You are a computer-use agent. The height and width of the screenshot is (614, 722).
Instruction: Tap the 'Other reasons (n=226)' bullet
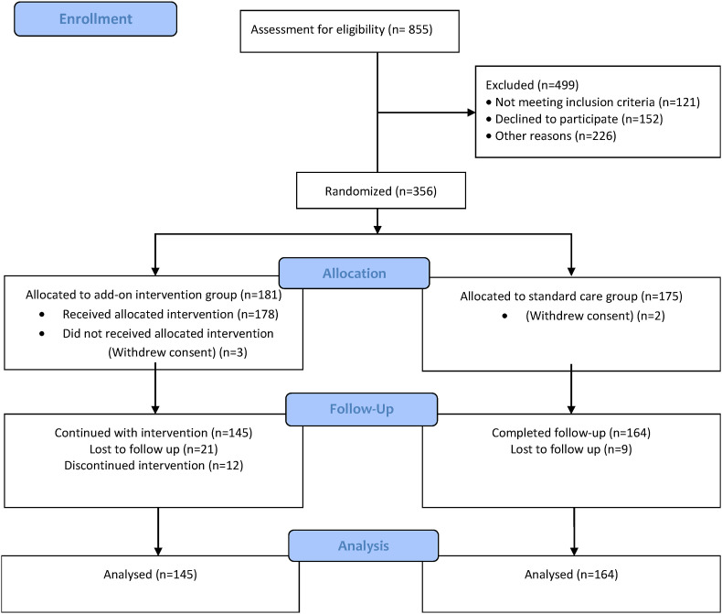point(557,136)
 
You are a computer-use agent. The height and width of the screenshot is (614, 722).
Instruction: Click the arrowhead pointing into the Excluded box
point(470,114)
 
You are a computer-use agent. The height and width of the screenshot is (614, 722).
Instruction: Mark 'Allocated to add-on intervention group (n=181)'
point(154,296)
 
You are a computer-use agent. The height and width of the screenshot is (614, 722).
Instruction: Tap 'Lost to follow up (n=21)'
point(152,449)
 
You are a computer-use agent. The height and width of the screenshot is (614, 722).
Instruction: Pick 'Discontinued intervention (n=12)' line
point(152,466)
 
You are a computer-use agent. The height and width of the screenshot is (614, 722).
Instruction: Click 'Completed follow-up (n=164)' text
point(571,432)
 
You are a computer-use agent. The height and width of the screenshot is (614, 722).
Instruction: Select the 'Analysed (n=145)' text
point(152,576)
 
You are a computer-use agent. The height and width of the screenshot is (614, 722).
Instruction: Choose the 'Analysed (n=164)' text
point(571,576)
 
